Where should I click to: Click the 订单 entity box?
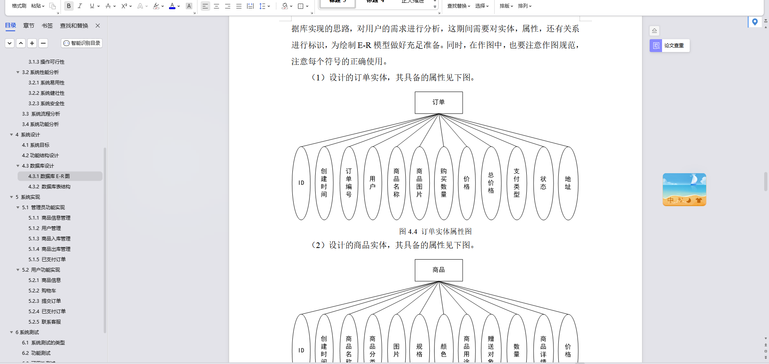pos(439,102)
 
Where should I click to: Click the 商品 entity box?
pos(439,270)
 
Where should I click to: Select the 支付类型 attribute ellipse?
pos(517,183)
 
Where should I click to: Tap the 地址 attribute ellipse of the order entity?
pos(568,183)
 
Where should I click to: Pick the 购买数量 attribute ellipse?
pos(444,183)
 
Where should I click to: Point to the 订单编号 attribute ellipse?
pos(349,183)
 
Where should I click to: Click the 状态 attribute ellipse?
pos(544,183)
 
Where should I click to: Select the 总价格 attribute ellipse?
pos(491,183)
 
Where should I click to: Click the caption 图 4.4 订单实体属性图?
pos(435,232)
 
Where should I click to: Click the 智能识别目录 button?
pos(82,43)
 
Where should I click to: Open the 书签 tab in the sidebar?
pos(47,26)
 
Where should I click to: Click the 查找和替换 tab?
pos(74,26)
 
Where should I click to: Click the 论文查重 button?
pos(669,46)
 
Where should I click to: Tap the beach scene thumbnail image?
pos(684,190)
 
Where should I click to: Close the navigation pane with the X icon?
pos(98,26)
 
